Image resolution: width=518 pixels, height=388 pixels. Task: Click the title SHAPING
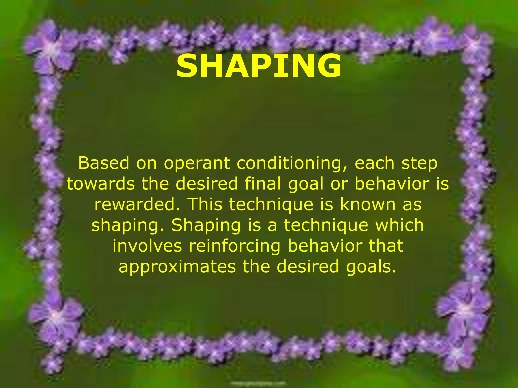[x=258, y=66]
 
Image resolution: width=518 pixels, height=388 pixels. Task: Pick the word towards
[x=101, y=184]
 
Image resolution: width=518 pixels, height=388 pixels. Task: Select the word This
[x=206, y=204]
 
